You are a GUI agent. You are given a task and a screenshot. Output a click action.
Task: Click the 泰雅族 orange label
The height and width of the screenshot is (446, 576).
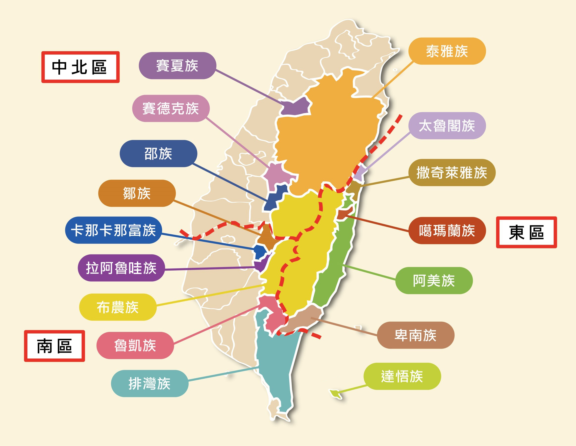[447, 51]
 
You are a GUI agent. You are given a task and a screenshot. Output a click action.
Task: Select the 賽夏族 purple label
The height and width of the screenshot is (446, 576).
[177, 65]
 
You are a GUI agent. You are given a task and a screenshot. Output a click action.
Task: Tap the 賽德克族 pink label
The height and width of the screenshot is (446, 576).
[171, 108]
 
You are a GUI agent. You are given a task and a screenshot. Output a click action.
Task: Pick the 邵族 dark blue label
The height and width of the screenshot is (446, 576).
[158, 153]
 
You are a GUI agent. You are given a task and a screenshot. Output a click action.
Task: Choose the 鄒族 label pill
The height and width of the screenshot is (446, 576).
[137, 193]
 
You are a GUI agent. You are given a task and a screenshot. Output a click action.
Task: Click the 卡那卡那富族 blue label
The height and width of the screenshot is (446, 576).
[113, 230]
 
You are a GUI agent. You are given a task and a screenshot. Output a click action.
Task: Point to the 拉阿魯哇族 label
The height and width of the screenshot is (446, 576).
[121, 268]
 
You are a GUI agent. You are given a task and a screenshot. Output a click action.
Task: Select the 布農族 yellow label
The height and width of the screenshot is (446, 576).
[118, 307]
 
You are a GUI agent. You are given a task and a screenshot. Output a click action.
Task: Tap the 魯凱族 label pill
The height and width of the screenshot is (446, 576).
[135, 345]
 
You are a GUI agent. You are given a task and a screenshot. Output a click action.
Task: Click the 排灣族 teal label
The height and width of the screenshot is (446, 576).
[150, 383]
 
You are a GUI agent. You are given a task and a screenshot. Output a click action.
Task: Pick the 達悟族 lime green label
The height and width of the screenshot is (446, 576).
[402, 376]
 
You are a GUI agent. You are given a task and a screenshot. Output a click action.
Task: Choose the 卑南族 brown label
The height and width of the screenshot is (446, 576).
[415, 335]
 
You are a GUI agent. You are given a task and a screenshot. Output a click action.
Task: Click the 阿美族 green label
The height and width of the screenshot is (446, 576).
[434, 280]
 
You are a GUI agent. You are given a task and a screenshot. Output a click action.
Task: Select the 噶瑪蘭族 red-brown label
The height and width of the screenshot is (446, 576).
[447, 230]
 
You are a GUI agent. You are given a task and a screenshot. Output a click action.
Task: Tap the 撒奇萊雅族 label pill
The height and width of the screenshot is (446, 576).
[452, 173]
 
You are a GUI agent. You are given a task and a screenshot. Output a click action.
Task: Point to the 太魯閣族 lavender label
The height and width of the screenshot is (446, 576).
[447, 125]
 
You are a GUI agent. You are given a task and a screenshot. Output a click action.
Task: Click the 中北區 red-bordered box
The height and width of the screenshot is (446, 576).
[80, 67]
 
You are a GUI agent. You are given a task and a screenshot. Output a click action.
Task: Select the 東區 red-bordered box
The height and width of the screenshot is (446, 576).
[526, 232]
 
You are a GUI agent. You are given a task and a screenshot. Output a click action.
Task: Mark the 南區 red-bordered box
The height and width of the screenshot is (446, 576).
[54, 346]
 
